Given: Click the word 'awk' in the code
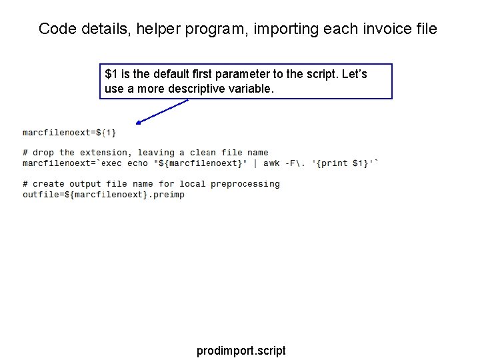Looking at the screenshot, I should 271,163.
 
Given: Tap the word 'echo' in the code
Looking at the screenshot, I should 137,163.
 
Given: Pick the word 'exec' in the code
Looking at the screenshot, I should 111,163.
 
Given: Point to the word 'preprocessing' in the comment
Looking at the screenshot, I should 245,184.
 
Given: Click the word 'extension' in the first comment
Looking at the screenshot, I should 103,153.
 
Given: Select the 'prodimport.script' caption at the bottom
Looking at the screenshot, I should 241,350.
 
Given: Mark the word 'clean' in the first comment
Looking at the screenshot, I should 203,153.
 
